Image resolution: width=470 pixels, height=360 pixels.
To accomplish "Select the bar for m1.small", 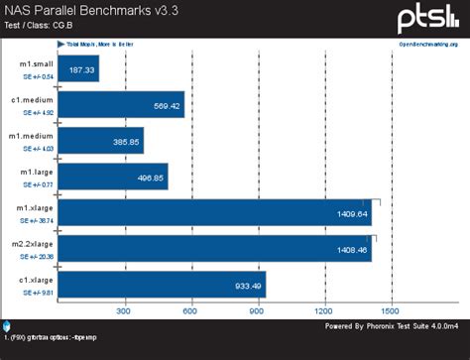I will [x=79, y=68].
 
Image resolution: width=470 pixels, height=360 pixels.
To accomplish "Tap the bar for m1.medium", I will [x=101, y=140].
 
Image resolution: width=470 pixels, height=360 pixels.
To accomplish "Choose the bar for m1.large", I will [x=113, y=176].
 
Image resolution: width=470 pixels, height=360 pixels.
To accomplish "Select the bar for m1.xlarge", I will [x=215, y=212].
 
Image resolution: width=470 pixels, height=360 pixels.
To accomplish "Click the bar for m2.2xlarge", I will [x=215, y=248].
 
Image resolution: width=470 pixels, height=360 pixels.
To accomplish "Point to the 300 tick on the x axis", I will [x=125, y=311].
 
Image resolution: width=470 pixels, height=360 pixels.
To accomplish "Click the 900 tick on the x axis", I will [x=259, y=311].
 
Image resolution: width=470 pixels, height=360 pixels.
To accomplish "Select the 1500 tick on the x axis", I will [x=393, y=311].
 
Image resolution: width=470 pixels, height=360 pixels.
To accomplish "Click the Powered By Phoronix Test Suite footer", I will [x=393, y=323].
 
